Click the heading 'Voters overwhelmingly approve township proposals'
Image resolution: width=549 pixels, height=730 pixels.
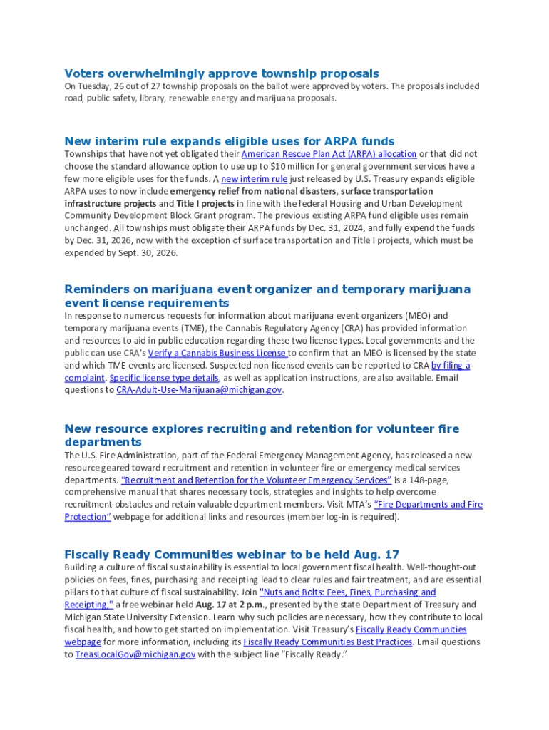(x=222, y=73)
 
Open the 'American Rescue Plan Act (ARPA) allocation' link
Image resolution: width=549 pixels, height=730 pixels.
(x=329, y=154)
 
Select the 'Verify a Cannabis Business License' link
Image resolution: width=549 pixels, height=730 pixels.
(x=217, y=353)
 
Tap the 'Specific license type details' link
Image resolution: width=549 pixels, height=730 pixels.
(x=164, y=378)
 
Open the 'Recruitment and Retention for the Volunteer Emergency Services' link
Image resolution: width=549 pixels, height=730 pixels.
(x=257, y=480)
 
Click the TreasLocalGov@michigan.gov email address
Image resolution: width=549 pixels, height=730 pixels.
(x=135, y=654)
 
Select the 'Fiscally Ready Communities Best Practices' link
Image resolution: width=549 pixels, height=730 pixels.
(x=328, y=642)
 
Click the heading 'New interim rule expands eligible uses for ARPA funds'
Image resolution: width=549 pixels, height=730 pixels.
(x=230, y=141)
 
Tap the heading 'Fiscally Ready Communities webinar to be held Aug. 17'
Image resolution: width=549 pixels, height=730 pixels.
(x=232, y=555)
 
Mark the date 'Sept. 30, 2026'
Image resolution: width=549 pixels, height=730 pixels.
(x=141, y=253)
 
